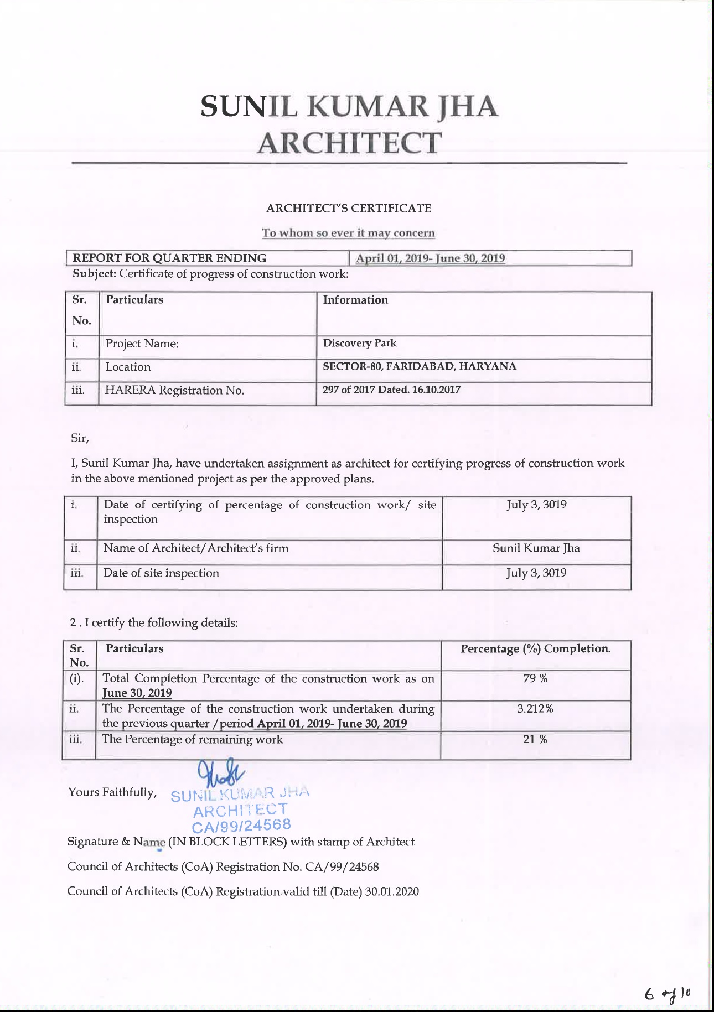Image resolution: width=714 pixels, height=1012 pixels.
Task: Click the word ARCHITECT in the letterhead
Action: tap(349, 143)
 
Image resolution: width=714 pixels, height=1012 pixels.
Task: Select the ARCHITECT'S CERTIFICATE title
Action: tap(349, 209)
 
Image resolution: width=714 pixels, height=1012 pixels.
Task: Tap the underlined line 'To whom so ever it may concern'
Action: tap(348, 233)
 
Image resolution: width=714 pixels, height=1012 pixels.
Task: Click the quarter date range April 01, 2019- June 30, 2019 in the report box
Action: tap(430, 258)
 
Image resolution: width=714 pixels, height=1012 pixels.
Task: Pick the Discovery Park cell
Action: tap(360, 343)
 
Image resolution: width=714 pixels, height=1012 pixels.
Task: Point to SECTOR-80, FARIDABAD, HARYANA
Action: tap(420, 366)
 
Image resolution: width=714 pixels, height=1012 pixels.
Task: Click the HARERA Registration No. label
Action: tap(174, 390)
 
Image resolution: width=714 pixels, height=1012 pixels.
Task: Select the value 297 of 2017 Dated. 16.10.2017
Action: tap(391, 390)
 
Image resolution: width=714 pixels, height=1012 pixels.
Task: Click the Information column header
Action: tap(355, 300)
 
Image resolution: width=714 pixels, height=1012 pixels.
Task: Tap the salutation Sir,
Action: tap(80, 438)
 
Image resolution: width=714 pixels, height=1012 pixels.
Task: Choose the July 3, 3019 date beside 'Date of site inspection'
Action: tap(536, 573)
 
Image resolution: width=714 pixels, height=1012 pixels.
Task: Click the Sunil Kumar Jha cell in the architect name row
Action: tap(536, 548)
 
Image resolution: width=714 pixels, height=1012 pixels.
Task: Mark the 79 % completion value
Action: tap(535, 678)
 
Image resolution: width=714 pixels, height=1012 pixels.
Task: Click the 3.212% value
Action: tap(535, 709)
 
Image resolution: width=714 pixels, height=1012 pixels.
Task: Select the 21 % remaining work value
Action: tap(535, 739)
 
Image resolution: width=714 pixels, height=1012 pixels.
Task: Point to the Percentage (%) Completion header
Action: tap(536, 649)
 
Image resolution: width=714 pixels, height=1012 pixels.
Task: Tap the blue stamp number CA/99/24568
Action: tap(241, 826)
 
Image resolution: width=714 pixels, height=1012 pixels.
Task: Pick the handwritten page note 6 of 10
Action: tap(669, 993)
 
